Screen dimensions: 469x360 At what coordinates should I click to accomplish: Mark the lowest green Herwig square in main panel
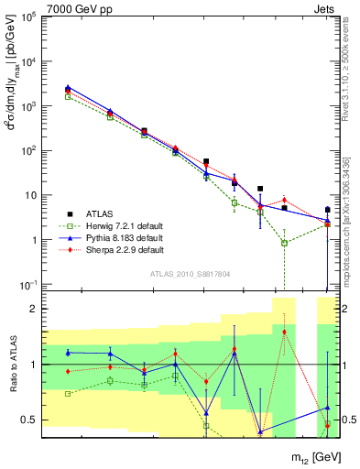(x=285, y=243)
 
